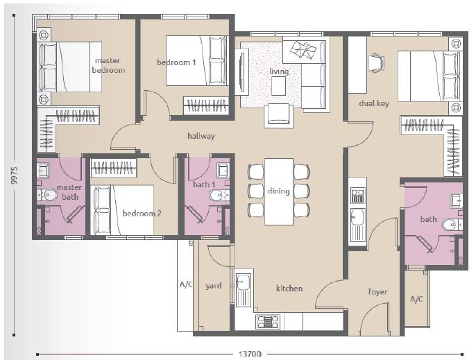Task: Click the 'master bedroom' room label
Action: [x=108, y=65]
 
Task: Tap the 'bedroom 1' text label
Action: [x=176, y=62]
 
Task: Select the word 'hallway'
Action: [x=201, y=136]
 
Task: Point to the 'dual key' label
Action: [x=374, y=103]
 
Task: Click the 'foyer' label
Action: [x=377, y=292]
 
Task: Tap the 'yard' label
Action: [x=214, y=286]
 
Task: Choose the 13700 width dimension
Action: [x=250, y=354]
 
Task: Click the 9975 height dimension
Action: [x=14, y=175]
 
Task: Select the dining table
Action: [x=279, y=191]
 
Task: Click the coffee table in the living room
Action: [x=278, y=86]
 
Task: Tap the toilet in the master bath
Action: [x=47, y=195]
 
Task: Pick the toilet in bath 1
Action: [x=219, y=195]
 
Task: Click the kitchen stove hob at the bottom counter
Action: [x=267, y=322]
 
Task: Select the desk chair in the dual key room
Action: [x=376, y=63]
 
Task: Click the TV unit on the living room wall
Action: [x=242, y=72]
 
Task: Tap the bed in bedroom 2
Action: [x=122, y=209]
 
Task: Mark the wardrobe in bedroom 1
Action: [x=206, y=105]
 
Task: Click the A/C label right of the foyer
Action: [x=416, y=299]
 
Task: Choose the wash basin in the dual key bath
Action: [x=456, y=200]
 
